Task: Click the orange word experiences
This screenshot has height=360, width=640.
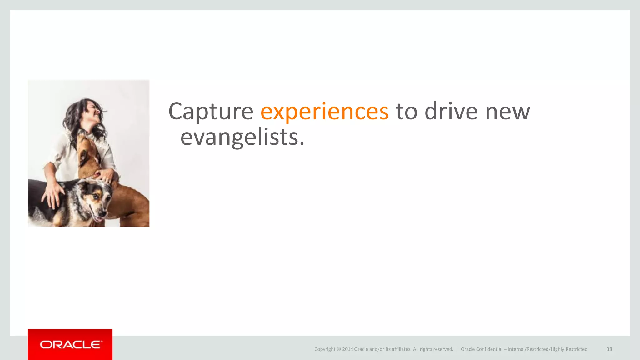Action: [324, 112]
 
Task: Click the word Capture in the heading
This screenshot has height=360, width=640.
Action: [211, 112]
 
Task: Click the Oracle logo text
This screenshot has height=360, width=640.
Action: [71, 345]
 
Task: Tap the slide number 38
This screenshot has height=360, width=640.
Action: [609, 349]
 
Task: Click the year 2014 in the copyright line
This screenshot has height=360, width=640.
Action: [347, 349]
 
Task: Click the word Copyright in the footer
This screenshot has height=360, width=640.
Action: [325, 349]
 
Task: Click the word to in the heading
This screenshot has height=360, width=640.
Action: [406, 112]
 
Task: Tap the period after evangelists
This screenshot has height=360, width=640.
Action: [302, 144]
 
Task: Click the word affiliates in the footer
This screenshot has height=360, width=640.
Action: [401, 349]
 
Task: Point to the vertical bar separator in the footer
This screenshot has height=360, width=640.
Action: [457, 349]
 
